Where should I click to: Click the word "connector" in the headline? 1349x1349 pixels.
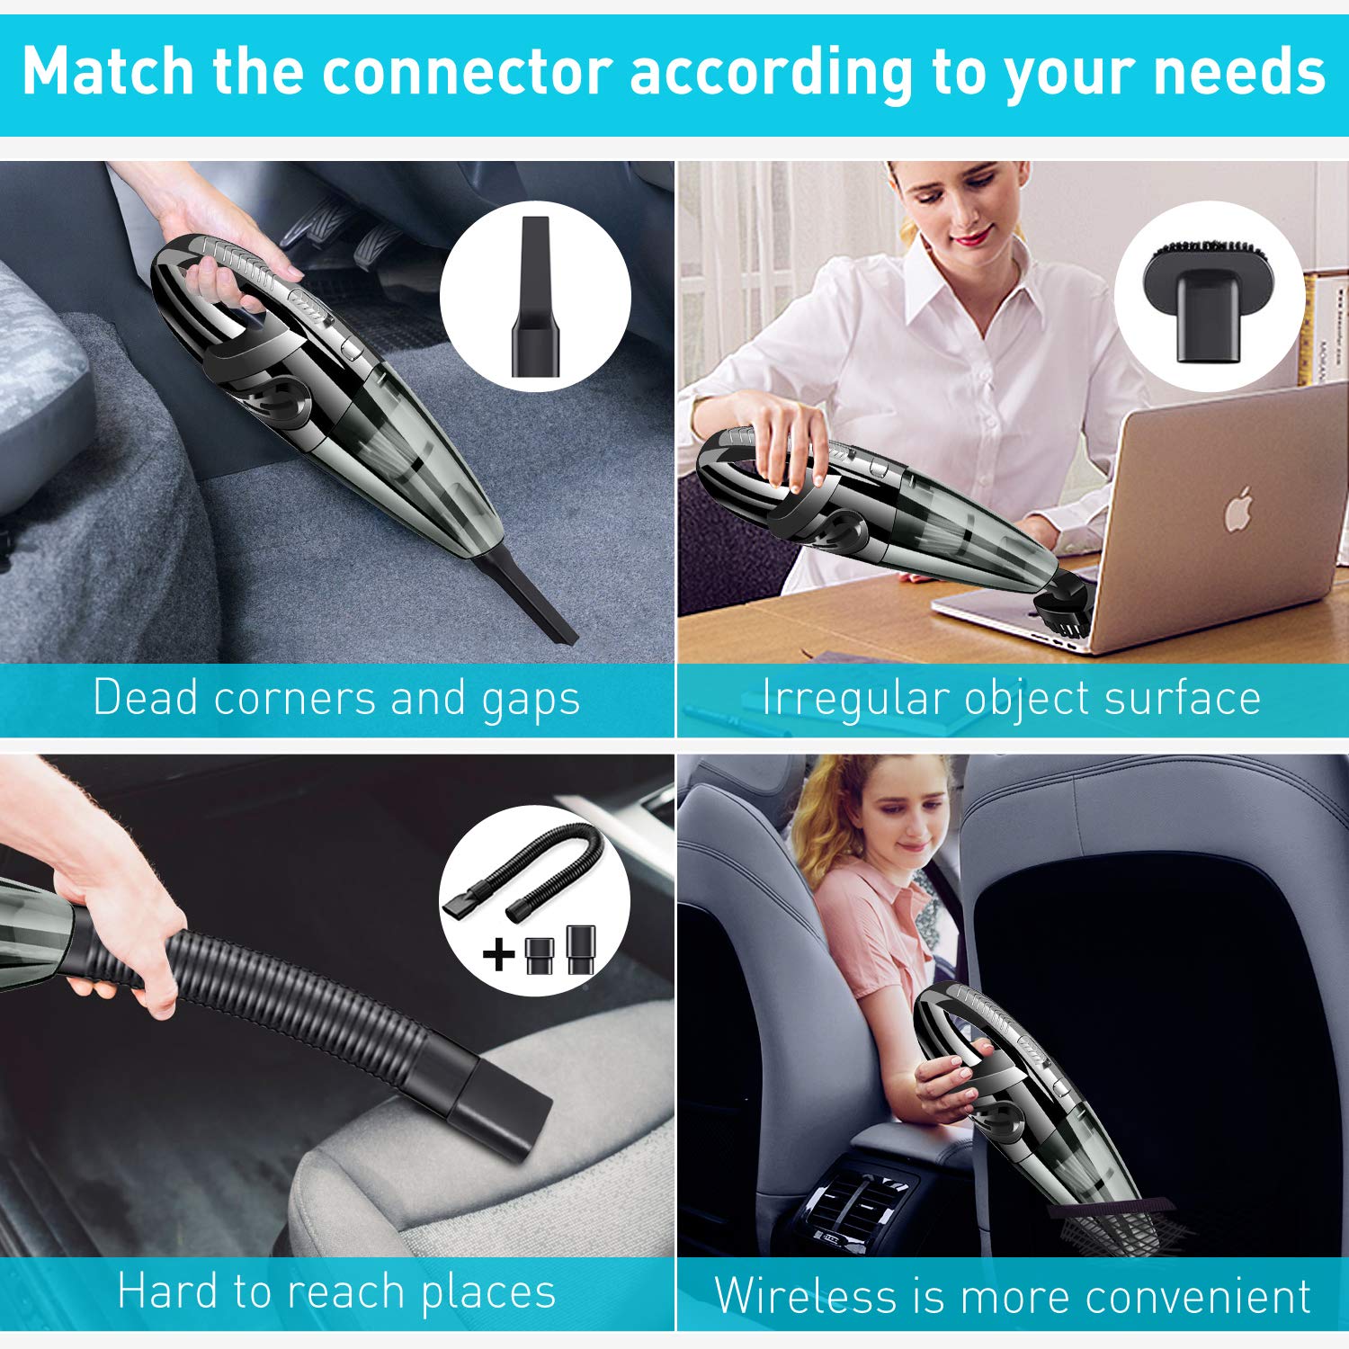pyautogui.click(x=467, y=72)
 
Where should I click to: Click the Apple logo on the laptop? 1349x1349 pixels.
pyautogui.click(x=1239, y=509)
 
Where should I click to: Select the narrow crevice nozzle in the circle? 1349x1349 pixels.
pyautogui.click(x=535, y=296)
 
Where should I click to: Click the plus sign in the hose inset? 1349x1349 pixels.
pyautogui.click(x=499, y=954)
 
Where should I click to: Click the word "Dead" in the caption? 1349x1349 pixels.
pyautogui.click(x=145, y=697)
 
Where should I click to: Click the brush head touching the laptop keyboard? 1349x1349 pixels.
pyautogui.click(x=1061, y=607)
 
